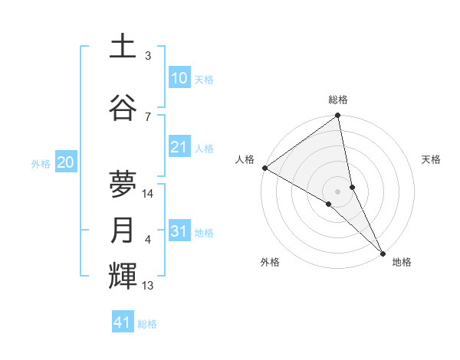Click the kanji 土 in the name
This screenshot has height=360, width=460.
(123, 47)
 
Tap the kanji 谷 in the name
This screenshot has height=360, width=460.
(123, 107)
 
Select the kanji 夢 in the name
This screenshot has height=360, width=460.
(123, 184)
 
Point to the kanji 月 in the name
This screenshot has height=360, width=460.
(123, 231)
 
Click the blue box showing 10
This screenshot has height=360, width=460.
(179, 78)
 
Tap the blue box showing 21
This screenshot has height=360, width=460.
(179, 147)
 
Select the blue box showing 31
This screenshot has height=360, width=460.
(179, 231)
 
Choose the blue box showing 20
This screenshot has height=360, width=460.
(66, 162)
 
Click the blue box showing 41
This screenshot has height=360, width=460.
(123, 322)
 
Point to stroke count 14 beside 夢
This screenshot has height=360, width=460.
(149, 194)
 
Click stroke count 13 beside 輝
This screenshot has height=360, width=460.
(148, 286)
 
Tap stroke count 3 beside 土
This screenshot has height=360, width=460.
(148, 56)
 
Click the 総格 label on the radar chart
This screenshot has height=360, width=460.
(338, 100)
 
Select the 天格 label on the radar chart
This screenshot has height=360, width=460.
(431, 159)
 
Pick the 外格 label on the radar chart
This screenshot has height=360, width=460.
(270, 262)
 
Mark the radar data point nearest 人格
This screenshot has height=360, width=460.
(264, 168)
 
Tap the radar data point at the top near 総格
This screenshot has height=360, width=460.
(337, 116)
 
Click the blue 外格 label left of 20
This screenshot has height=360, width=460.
(41, 163)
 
